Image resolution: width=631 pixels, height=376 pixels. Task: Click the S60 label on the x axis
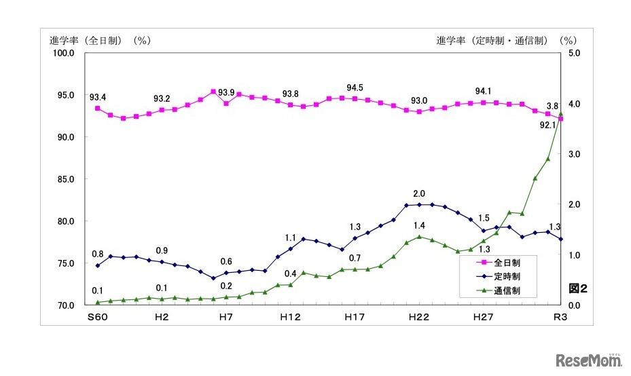[97, 318]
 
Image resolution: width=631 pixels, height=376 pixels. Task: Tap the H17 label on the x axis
[355, 318]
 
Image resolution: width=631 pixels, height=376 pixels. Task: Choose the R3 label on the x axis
[561, 318]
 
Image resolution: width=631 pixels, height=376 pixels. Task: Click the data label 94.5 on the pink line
[355, 88]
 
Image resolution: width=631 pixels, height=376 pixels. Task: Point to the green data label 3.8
[553, 107]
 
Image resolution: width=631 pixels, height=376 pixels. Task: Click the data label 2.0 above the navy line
[419, 194]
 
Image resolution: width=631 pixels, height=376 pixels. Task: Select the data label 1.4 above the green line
[419, 225]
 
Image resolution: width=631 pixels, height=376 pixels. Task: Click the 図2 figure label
[577, 288]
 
